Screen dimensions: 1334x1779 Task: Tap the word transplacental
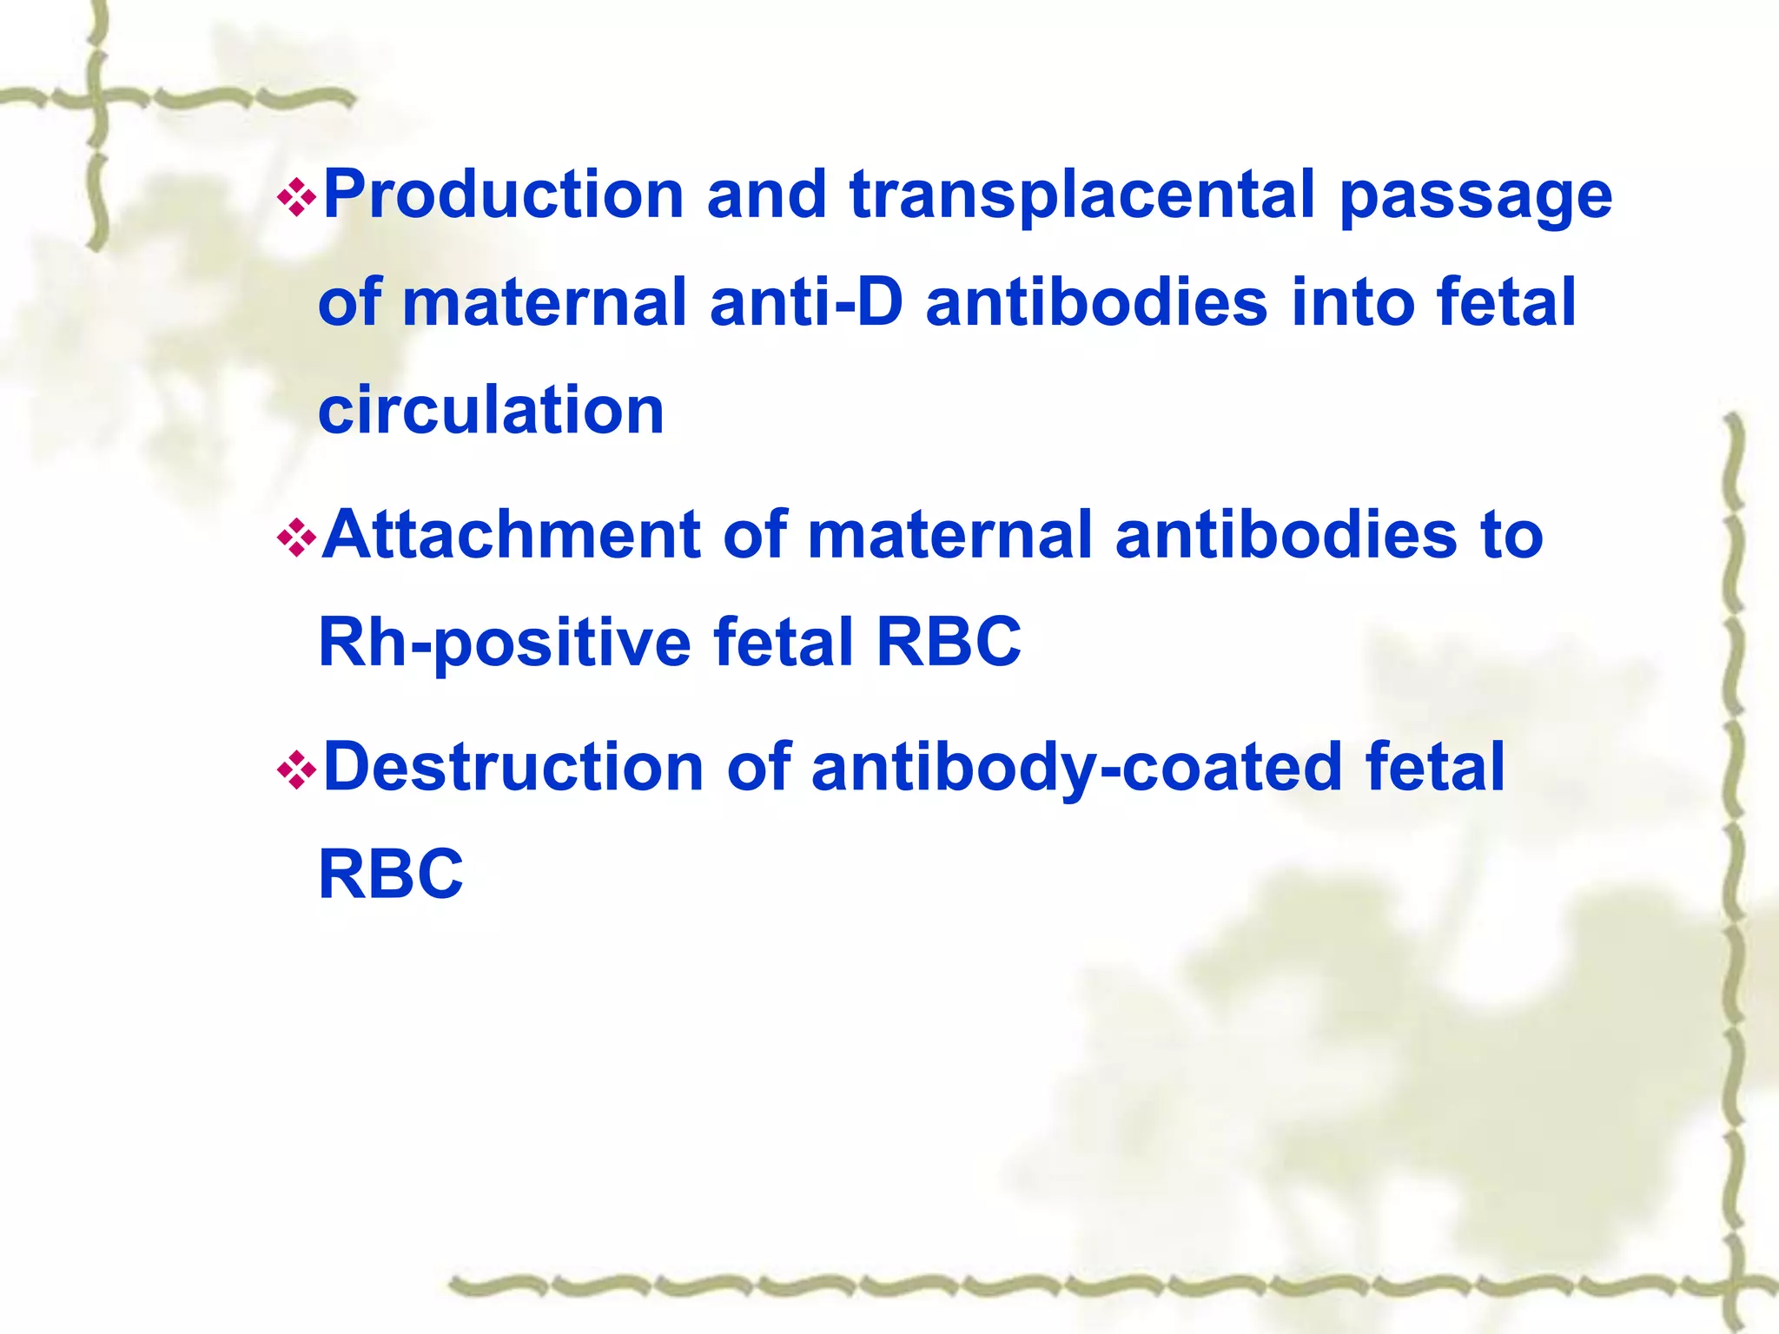pos(1082,195)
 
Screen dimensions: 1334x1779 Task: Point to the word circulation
pos(492,410)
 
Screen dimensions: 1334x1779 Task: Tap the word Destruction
pos(513,768)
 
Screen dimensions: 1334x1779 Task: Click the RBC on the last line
pos(391,875)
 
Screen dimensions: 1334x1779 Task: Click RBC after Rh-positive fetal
pos(949,643)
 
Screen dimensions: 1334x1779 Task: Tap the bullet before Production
pos(295,197)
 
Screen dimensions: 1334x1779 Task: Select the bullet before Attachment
pos(295,538)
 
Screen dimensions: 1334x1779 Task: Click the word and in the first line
pos(766,195)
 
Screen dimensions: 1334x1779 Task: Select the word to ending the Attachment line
pos(1512,535)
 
